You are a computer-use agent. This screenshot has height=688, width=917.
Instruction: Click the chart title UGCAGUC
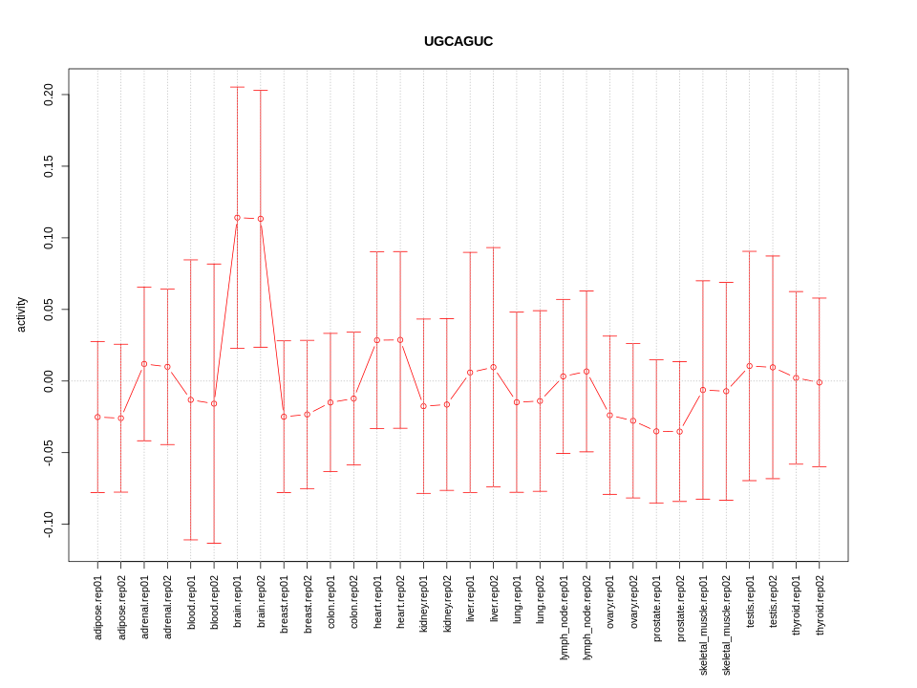coord(458,42)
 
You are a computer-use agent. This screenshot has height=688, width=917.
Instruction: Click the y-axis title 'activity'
coord(21,314)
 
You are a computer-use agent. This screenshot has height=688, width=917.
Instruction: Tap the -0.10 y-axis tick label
coord(49,525)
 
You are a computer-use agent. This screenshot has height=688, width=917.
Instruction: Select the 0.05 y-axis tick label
coord(49,310)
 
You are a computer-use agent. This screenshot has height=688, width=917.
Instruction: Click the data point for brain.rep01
coord(237,218)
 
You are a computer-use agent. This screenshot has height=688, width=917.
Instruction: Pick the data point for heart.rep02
coord(400,340)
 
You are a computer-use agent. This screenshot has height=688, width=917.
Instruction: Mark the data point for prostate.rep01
coord(656,431)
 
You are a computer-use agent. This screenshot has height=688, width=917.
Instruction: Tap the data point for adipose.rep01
coord(97,417)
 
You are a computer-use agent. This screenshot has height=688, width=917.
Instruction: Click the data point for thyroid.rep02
coord(819,382)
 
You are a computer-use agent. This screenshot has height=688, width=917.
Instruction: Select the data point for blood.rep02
coord(214,403)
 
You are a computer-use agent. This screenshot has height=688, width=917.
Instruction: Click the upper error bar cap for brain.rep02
coord(261,91)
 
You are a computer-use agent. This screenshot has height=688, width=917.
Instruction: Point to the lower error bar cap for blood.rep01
coord(191,540)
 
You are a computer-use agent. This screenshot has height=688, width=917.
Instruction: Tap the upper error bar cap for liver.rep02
coord(493,247)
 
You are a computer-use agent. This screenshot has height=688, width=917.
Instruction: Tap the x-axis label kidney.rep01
coord(423,606)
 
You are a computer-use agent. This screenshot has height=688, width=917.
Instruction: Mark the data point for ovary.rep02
coord(632,420)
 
